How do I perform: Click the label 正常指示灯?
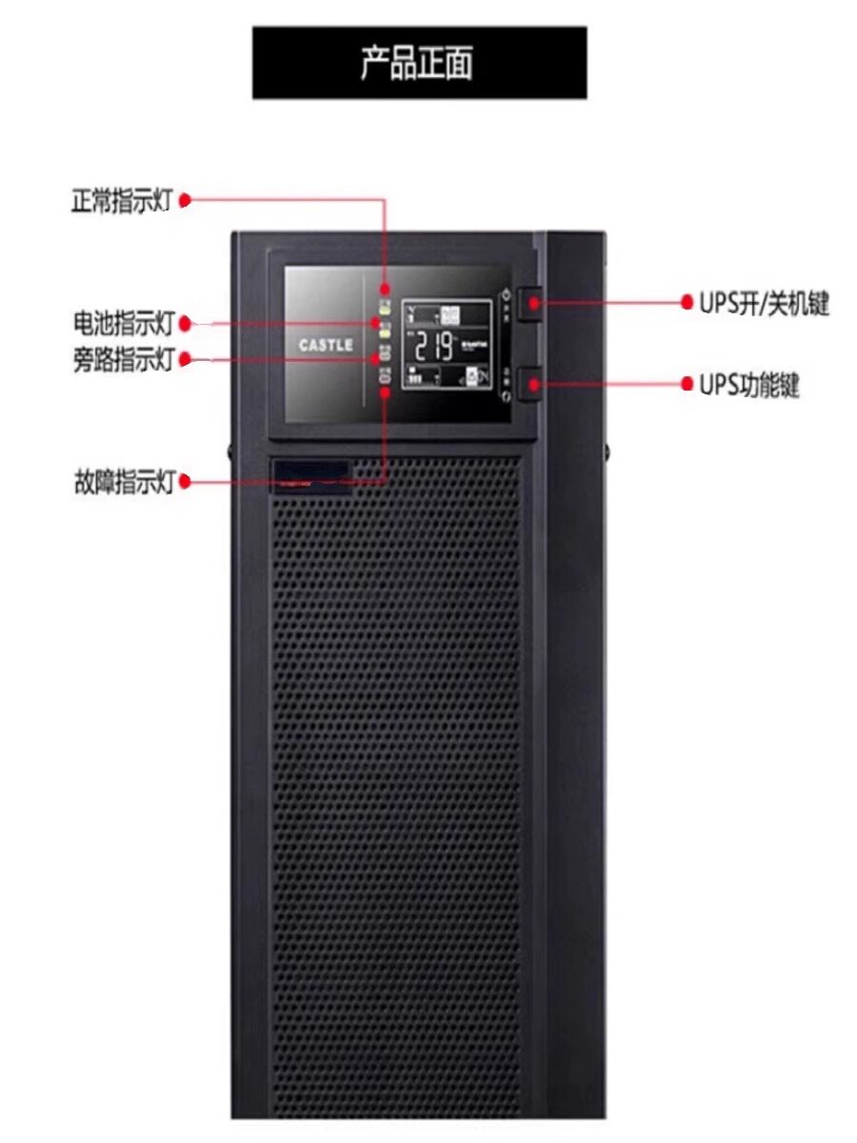(x=122, y=201)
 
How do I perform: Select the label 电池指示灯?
(x=122, y=324)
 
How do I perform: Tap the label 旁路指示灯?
(x=122, y=360)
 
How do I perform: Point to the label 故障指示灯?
(x=122, y=482)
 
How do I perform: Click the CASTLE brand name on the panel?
(x=326, y=345)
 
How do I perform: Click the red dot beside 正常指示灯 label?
(x=186, y=200)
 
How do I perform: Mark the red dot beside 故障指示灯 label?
(x=186, y=482)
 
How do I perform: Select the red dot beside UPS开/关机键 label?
(x=687, y=303)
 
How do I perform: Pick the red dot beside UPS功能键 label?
(x=687, y=385)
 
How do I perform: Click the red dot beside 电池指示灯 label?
(x=186, y=324)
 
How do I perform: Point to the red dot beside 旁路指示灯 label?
(x=186, y=359)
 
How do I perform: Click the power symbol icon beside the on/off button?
(x=507, y=295)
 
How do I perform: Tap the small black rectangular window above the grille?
(x=309, y=471)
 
